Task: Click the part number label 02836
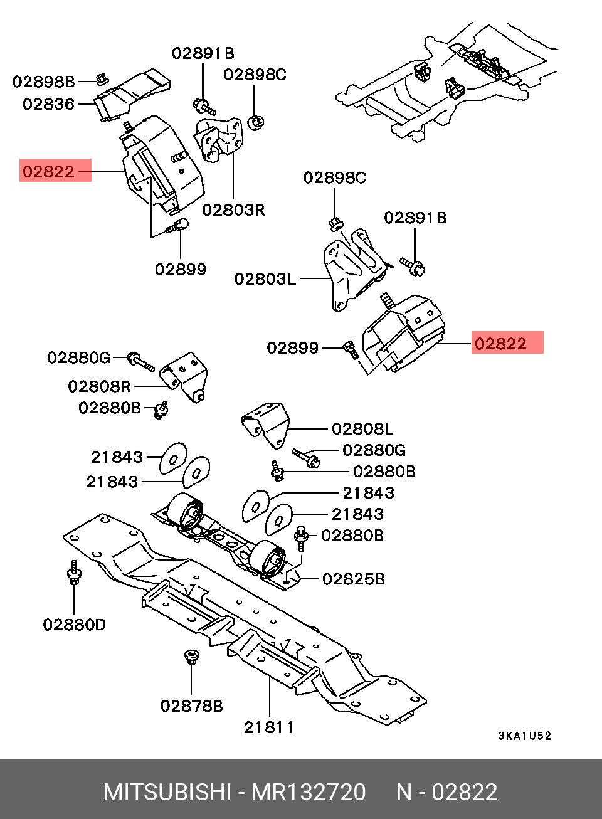pyautogui.click(x=48, y=104)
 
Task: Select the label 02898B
pyautogui.click(x=43, y=82)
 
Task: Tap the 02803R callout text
pyautogui.click(x=233, y=210)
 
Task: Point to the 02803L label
pyautogui.click(x=265, y=278)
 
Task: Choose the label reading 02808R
pyautogui.click(x=99, y=386)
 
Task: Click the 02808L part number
pyautogui.click(x=362, y=429)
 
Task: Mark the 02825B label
pyautogui.click(x=353, y=579)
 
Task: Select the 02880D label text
pyautogui.click(x=74, y=625)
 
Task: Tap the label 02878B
pyautogui.click(x=191, y=706)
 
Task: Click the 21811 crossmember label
pyautogui.click(x=268, y=727)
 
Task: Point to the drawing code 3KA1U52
pyautogui.click(x=525, y=736)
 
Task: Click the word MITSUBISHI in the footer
pyautogui.click(x=167, y=792)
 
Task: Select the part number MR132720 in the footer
pyautogui.click(x=309, y=792)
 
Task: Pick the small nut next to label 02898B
pyautogui.click(x=100, y=78)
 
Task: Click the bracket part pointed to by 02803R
pyautogui.click(x=217, y=139)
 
